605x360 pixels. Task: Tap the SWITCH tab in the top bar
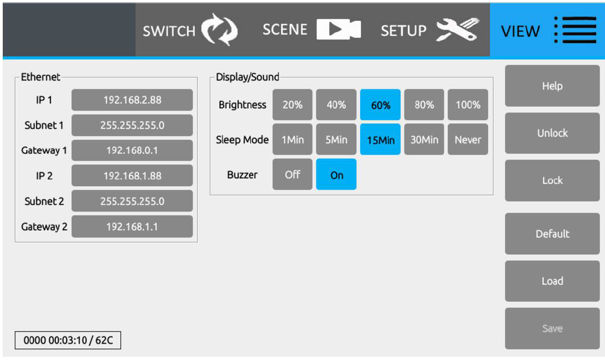point(190,30)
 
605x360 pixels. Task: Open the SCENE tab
point(312,30)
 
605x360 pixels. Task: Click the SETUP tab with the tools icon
point(430,30)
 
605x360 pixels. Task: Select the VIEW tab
point(547,30)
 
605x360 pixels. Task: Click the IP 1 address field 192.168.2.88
point(132,100)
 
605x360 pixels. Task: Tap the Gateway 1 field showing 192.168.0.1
point(132,150)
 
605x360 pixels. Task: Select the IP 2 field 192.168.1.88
point(132,175)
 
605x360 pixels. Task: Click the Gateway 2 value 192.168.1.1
point(132,226)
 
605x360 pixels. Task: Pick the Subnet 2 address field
point(132,201)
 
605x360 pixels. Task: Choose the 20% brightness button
point(293,105)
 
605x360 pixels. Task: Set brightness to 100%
point(468,105)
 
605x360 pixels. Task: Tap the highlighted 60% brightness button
point(380,105)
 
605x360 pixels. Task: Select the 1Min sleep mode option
point(293,139)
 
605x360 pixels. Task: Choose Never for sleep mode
point(468,139)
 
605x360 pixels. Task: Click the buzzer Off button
point(293,174)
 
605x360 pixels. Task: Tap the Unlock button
point(552,133)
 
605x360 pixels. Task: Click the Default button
point(552,234)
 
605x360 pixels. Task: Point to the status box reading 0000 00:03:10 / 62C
point(68,340)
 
